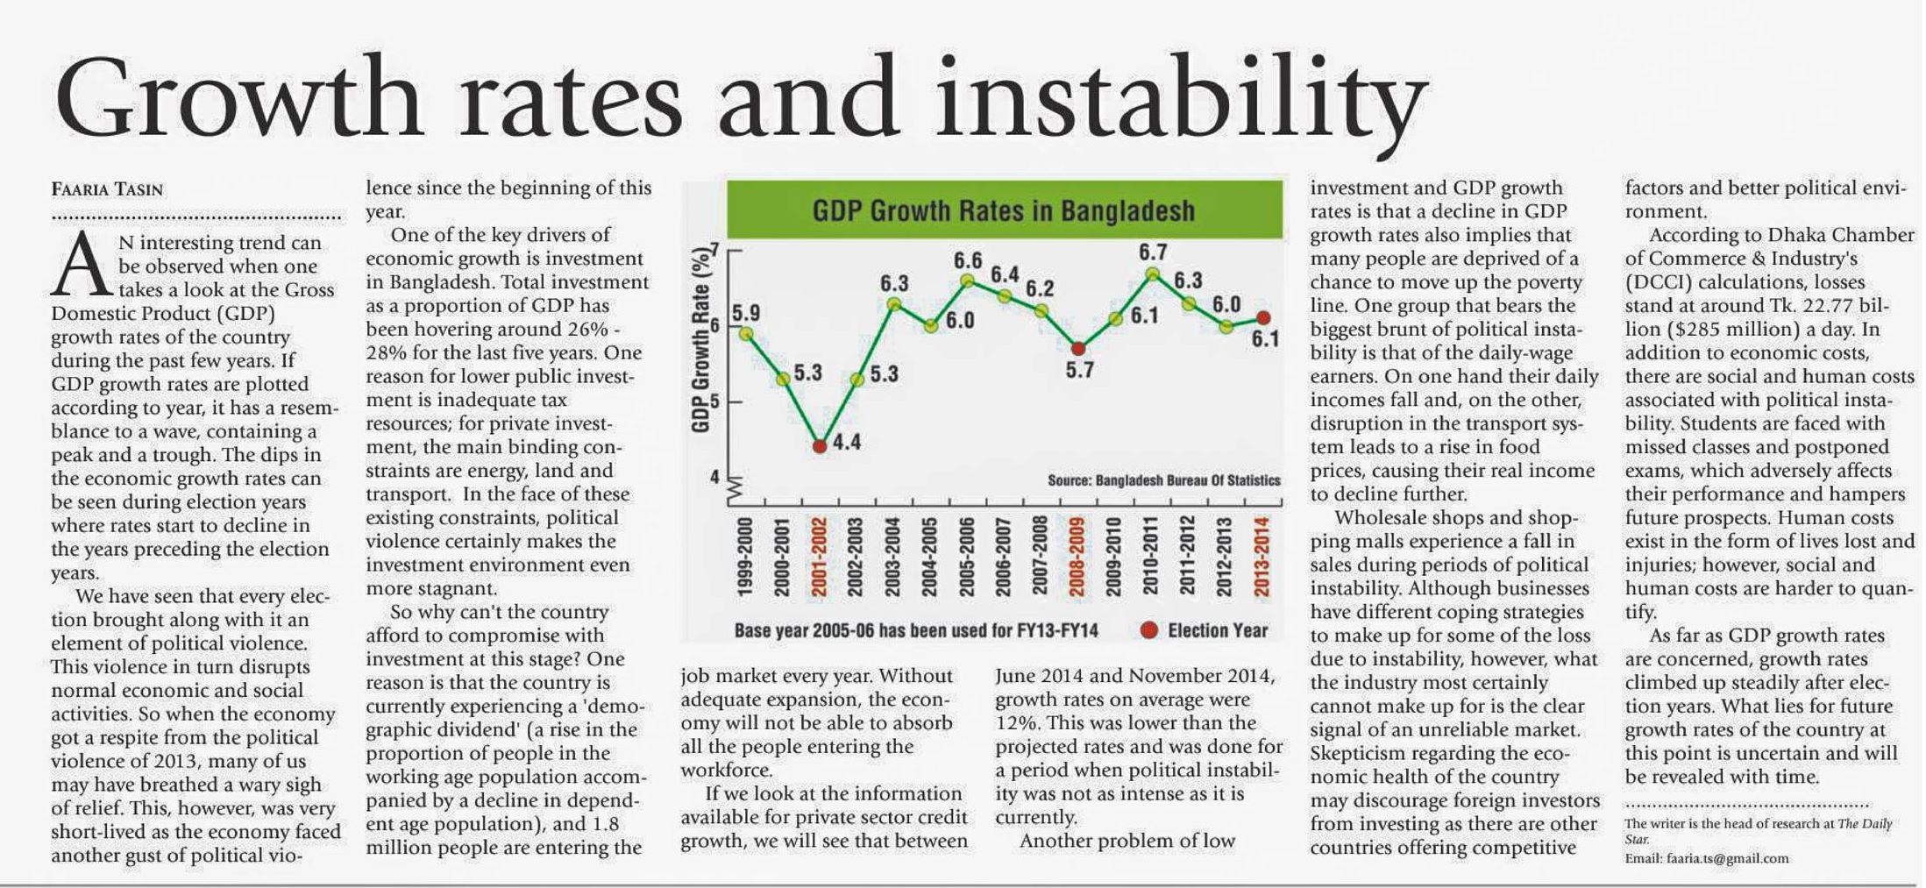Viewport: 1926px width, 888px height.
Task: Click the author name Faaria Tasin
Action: tap(107, 189)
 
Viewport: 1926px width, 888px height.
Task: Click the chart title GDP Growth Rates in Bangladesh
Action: tap(1004, 210)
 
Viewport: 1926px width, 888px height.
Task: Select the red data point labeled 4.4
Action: tap(820, 445)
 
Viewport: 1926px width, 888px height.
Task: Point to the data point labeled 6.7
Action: tap(1153, 274)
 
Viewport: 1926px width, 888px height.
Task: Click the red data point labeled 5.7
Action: tap(1078, 348)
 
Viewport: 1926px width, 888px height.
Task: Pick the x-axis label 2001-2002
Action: tap(820, 557)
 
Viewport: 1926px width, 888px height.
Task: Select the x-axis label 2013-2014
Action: tap(1262, 557)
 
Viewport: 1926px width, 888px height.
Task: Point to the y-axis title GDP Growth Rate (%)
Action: tap(700, 342)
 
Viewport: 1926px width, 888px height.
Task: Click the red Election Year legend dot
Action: tap(1149, 630)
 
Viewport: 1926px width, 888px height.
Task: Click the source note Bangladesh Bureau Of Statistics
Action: tap(1163, 480)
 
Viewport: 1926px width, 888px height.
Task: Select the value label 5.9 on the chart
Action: tap(746, 313)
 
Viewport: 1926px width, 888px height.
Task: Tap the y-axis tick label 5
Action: tap(714, 402)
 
